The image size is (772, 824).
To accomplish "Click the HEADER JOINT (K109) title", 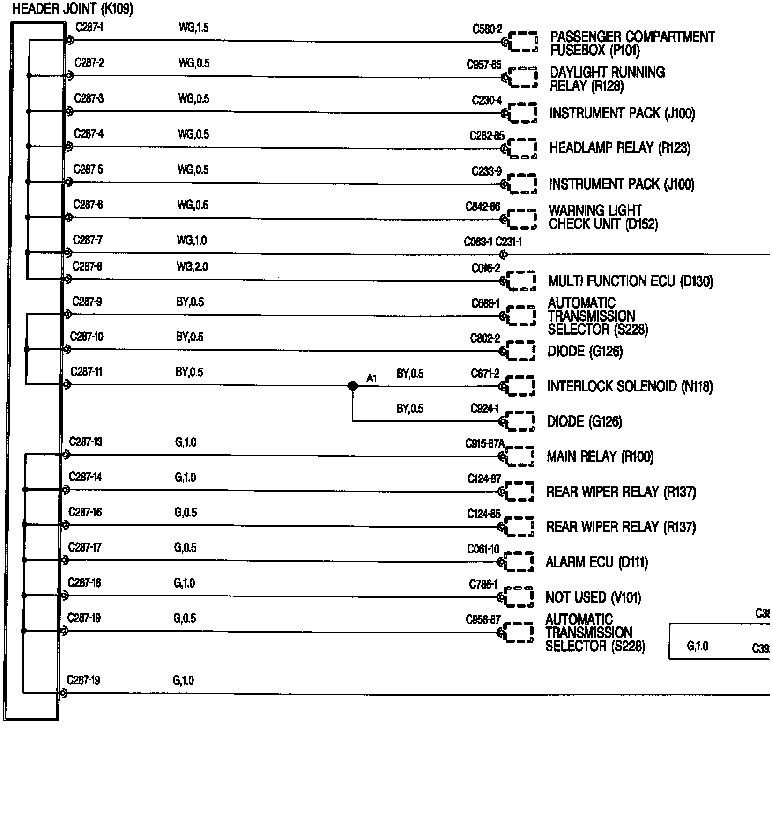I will [x=72, y=9].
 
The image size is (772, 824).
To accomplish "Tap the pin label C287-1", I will [x=89, y=28].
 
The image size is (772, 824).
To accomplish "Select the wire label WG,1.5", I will [x=193, y=28].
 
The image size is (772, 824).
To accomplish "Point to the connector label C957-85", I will [x=483, y=65].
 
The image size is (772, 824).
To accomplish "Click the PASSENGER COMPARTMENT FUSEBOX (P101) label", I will [x=632, y=44].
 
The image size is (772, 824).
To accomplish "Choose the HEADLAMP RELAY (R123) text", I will [x=619, y=148].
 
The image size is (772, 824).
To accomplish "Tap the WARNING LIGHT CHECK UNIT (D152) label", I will [x=603, y=218].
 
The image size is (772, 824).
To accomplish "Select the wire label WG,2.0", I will [x=192, y=267].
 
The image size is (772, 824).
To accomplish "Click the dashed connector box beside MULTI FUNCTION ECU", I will [x=522, y=281].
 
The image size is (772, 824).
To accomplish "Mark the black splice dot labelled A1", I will [x=353, y=386].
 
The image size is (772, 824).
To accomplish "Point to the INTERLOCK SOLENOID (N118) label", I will [x=630, y=387].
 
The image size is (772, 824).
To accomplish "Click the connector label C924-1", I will [x=484, y=409].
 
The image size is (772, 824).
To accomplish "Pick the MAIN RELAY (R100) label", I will [x=600, y=456].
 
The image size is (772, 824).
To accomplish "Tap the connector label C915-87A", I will [x=485, y=443].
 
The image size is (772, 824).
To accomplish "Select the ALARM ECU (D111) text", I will [x=596, y=562].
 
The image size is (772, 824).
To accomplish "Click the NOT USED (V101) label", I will [x=593, y=597].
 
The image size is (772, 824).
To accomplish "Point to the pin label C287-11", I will [x=86, y=372].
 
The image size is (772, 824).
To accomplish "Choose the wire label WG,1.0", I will [x=192, y=241].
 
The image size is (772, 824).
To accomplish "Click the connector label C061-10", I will [x=483, y=549].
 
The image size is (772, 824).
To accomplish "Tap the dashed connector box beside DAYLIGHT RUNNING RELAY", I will [x=523, y=78].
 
